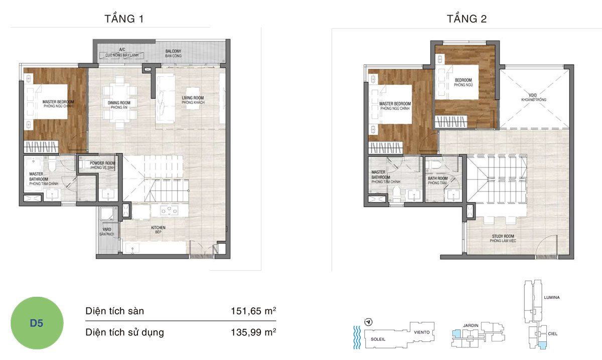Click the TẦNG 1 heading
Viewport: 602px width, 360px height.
tap(124, 19)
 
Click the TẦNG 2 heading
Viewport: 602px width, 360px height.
tap(467, 19)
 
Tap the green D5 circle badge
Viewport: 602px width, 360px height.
tap(37, 323)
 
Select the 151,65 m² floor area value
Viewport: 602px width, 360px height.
tap(253, 311)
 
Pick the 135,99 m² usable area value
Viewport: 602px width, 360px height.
tap(253, 332)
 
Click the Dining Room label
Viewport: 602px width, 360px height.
tap(119, 105)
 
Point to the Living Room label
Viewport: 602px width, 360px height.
tap(193, 100)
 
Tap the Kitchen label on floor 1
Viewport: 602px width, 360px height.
tap(158, 230)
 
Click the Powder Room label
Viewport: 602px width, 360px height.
tap(102, 165)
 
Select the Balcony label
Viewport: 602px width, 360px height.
tap(174, 53)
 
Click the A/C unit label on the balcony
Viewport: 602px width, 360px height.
tap(122, 52)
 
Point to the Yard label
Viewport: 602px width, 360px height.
tap(107, 232)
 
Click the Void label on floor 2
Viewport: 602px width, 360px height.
tap(534, 97)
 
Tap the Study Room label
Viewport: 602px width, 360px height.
tap(503, 238)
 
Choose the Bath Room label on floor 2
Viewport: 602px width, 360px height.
tap(438, 181)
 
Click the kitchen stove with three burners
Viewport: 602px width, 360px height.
tap(169, 210)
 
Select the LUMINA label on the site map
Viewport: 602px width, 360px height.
tap(552, 297)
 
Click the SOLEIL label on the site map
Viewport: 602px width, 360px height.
tap(378, 339)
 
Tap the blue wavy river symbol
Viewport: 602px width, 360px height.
tap(357, 337)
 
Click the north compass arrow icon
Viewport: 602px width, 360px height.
tap(368, 322)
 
